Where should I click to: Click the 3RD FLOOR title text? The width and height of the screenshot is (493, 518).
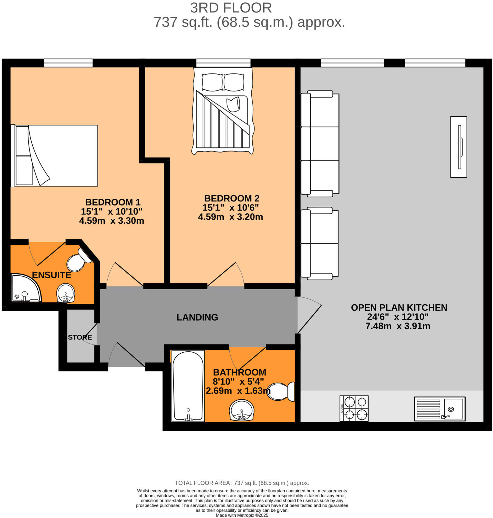tap(231, 8)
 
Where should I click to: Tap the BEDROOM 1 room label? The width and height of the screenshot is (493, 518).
tap(113, 202)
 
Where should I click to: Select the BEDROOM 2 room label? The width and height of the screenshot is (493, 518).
tap(232, 198)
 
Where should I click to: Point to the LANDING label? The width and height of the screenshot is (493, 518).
tap(197, 317)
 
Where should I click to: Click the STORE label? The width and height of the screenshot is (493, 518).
tap(80, 337)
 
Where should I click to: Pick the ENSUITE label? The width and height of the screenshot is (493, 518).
tap(52, 275)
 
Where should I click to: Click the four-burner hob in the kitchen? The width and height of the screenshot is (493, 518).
tap(354, 409)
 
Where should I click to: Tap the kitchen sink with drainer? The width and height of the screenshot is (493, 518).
tap(440, 409)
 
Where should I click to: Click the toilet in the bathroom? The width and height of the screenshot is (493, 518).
tap(280, 392)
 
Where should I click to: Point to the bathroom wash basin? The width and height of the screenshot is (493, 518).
tap(242, 410)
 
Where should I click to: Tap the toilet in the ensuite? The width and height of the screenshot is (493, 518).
tap(78, 260)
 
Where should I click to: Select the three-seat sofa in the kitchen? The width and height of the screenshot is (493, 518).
tap(320, 144)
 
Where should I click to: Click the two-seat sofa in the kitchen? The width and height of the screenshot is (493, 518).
tap(319, 243)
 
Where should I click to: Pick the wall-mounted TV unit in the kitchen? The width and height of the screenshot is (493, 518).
tap(458, 147)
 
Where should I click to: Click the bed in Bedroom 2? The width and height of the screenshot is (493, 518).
tap(223, 111)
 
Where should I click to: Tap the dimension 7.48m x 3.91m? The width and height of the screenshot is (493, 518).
tap(398, 326)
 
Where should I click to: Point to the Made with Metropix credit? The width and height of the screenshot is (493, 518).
tap(242, 515)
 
